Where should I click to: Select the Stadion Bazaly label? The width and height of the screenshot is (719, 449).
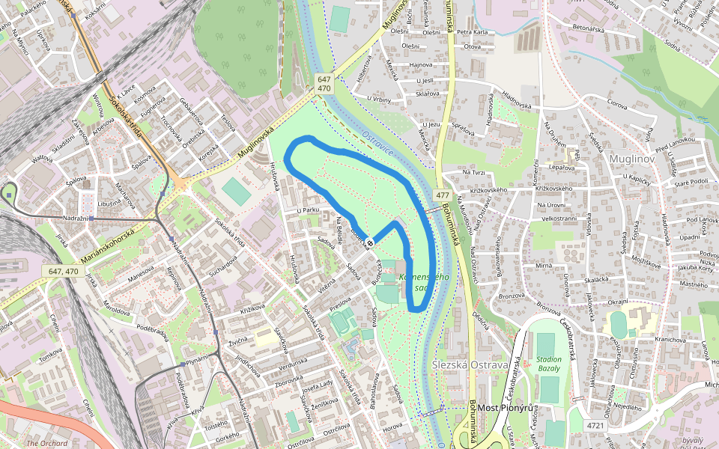point(549,364)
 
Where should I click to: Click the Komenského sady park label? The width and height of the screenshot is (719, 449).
point(424,282)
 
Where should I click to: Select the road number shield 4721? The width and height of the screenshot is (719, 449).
point(595,425)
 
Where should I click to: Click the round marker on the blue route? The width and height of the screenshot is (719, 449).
point(369,242)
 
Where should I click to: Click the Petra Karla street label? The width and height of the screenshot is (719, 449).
point(473,33)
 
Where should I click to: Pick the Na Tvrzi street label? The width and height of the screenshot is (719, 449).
point(474,173)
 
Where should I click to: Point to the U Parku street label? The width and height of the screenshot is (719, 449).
point(308,210)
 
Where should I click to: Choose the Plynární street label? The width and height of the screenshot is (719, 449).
point(198,360)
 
